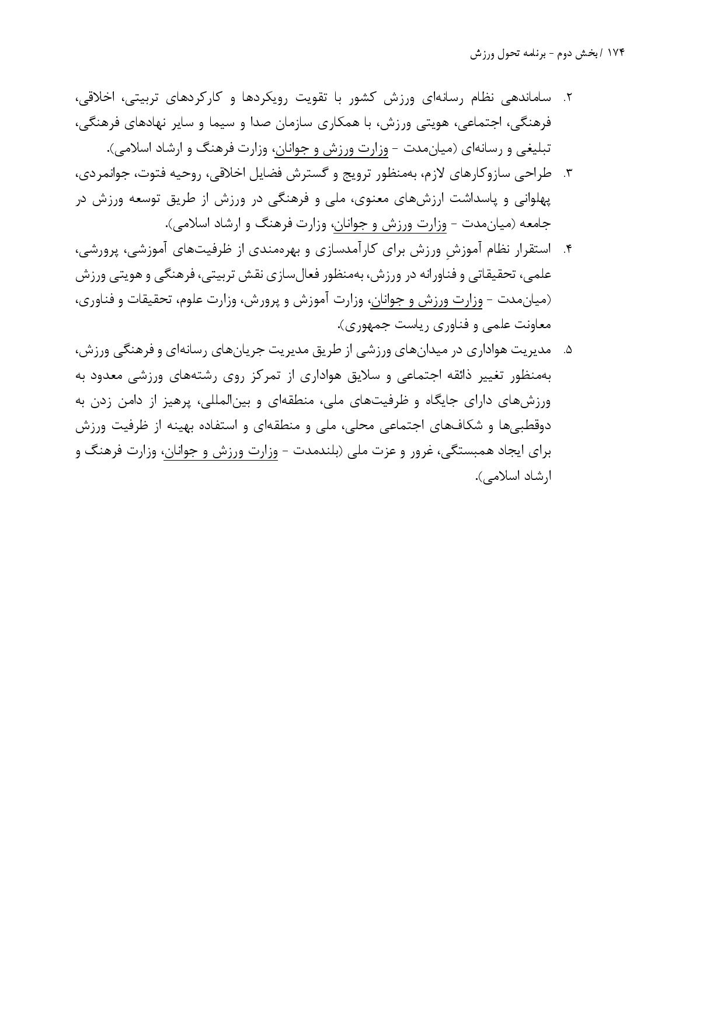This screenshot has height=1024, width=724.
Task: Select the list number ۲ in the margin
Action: (566, 98)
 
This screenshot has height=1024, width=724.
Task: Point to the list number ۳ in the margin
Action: (566, 174)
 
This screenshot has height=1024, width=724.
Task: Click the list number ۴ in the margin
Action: (566, 250)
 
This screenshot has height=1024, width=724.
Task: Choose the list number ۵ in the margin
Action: (566, 351)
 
